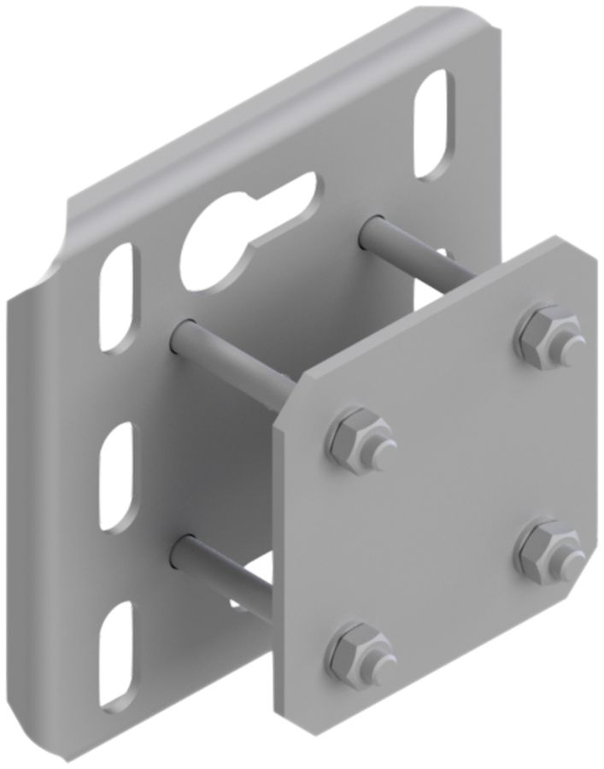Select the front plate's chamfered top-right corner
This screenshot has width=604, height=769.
tap(589, 257)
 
